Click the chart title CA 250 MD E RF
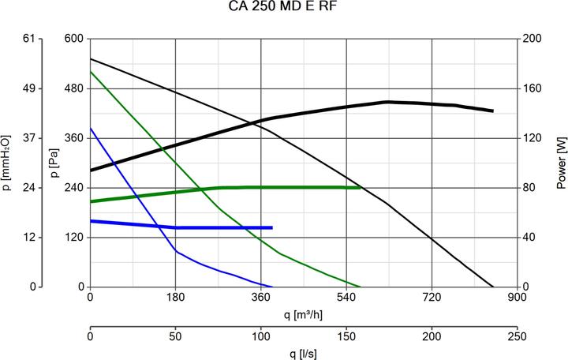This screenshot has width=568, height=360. [283, 8]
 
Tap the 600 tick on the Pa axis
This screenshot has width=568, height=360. [73, 39]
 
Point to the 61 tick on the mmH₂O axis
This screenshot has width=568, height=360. [30, 39]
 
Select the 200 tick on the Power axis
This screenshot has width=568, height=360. [533, 39]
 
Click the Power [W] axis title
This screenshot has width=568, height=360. [561, 162]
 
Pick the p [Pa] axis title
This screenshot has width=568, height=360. [54, 162]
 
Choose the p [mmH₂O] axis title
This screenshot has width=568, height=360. [7, 162]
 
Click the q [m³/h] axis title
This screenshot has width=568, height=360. [304, 315]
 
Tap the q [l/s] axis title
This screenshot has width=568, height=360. [304, 352]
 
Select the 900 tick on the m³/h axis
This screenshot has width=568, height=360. [517, 298]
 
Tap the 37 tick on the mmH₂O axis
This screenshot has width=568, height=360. [30, 138]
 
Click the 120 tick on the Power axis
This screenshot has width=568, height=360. [533, 138]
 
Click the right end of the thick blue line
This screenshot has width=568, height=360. [272, 227]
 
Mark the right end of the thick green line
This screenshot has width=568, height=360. [361, 187]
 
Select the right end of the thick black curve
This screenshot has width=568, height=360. [493, 111]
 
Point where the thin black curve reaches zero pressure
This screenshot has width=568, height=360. [493, 287]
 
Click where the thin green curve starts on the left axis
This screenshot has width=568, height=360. [91, 71]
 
